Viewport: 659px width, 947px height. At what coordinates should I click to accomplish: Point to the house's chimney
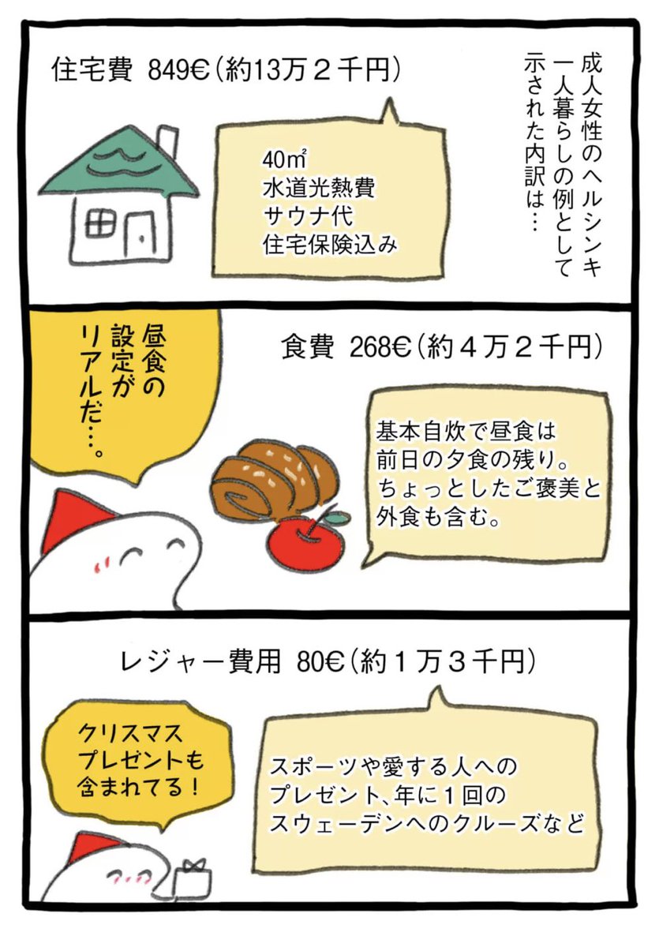[167, 142]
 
